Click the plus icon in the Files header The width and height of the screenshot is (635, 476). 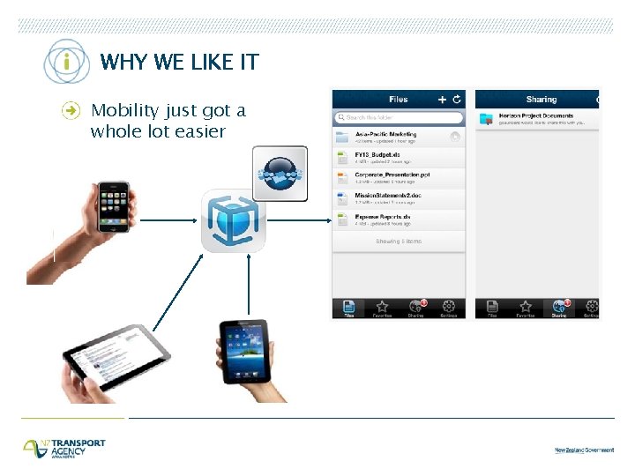coord(443,100)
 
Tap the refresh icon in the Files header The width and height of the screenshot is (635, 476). coord(457,100)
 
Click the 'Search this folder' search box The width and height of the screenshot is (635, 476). coord(399,117)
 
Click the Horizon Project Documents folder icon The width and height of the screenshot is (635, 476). coord(486,119)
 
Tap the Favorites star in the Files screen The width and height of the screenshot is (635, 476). coord(382,308)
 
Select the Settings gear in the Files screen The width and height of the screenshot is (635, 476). coord(449,308)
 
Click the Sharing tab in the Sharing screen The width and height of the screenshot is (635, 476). coord(559,308)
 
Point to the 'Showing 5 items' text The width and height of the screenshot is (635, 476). coord(399,241)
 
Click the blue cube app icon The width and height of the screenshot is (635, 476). coord(231,220)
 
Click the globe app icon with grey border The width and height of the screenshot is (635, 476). coord(280,173)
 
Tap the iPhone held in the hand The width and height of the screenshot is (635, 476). coord(113,207)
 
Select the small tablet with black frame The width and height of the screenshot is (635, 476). coord(243,350)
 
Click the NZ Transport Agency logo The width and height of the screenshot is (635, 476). coord(64,448)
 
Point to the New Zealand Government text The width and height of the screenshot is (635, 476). coord(584,450)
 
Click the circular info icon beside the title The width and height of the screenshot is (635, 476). coord(67,62)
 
